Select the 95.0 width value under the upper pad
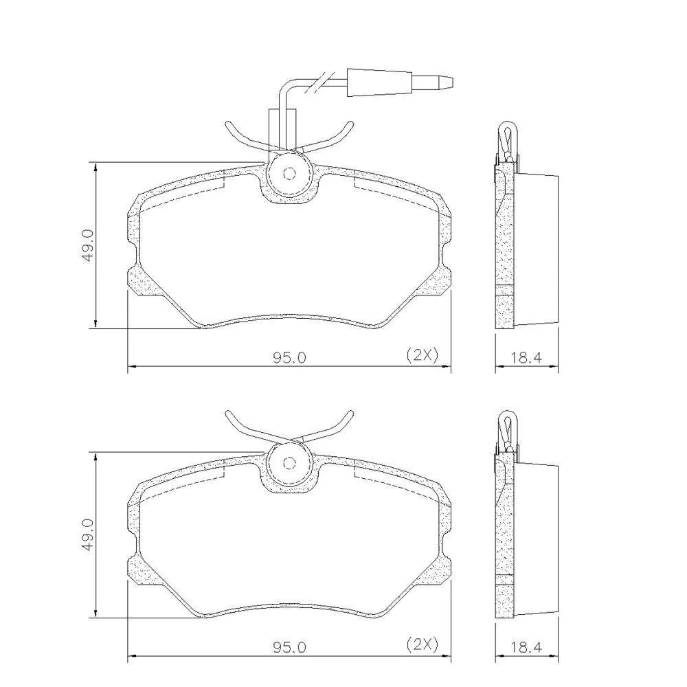(290, 358)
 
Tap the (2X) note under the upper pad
(423, 355)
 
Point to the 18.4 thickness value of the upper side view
(526, 358)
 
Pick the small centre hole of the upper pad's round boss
(289, 174)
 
